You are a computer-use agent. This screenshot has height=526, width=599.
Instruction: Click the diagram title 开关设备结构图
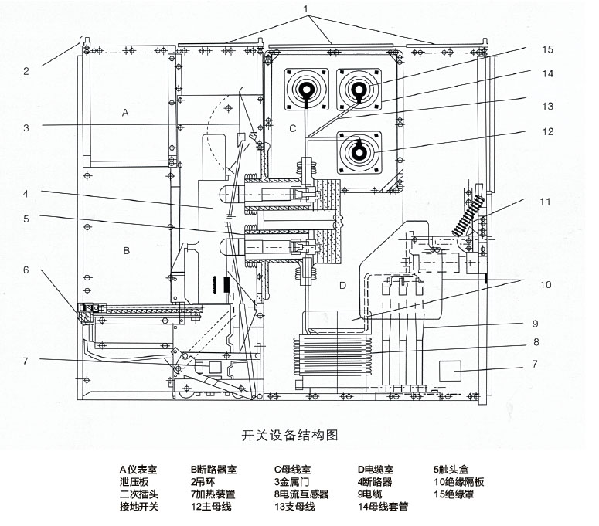tap(290, 435)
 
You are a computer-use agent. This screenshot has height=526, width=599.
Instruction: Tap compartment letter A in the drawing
tap(125, 113)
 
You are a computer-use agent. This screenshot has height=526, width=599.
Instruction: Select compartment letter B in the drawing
tap(127, 251)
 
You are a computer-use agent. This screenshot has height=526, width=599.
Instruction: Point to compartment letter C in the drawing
tap(293, 129)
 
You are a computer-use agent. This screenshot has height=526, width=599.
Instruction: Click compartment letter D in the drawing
tap(342, 285)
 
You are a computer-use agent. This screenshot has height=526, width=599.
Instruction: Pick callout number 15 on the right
tap(547, 49)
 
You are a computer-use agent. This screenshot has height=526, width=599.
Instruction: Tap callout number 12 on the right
tap(547, 131)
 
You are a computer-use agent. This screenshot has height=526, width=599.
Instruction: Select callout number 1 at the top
tap(305, 8)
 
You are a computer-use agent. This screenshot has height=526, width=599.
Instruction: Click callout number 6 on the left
tap(26, 270)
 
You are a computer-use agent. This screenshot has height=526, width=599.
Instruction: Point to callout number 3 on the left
tap(26, 127)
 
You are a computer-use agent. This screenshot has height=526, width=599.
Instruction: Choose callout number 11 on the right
tap(545, 202)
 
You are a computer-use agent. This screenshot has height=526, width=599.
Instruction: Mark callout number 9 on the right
tap(536, 324)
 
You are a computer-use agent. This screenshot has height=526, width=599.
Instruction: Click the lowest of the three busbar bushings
tap(359, 152)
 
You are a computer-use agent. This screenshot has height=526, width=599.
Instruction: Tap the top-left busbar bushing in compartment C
tap(306, 90)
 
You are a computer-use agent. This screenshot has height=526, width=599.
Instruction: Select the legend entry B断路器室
tap(213, 470)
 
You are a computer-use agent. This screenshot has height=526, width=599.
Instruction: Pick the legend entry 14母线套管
tap(383, 507)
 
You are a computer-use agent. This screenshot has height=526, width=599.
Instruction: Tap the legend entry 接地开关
tap(138, 507)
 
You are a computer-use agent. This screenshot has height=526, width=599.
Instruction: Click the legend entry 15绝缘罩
tap(454, 494)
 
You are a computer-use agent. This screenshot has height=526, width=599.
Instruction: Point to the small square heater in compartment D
tap(450, 371)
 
